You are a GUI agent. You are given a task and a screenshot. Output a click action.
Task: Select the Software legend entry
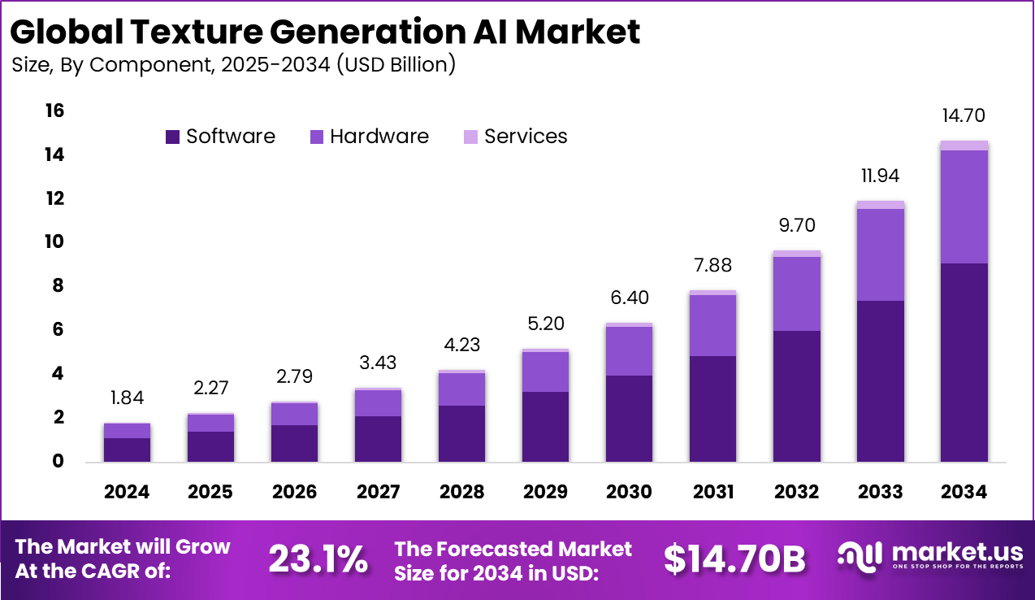click(x=220, y=137)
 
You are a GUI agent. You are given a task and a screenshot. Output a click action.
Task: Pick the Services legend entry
click(x=515, y=137)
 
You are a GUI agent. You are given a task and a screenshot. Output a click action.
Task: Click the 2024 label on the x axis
click(x=127, y=492)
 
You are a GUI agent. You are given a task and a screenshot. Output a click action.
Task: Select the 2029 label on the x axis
click(x=545, y=492)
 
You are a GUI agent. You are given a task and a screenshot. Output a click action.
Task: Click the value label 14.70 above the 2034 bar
click(x=964, y=116)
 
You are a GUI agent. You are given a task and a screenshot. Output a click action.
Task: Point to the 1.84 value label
click(x=127, y=399)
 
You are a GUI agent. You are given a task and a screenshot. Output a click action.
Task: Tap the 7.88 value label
click(x=712, y=266)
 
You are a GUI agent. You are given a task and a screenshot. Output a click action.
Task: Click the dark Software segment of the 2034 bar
click(x=964, y=362)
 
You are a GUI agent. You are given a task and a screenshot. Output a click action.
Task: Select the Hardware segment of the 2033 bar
click(x=880, y=254)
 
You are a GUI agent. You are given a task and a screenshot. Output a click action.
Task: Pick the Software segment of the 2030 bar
click(x=629, y=418)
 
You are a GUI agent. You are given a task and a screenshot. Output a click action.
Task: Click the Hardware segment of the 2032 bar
click(x=796, y=293)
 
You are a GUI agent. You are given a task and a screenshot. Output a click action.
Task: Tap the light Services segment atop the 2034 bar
click(x=964, y=146)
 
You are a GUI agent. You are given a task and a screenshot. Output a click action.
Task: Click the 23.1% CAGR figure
click(x=318, y=559)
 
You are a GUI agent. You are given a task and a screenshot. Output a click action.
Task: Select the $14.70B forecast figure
click(x=734, y=559)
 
